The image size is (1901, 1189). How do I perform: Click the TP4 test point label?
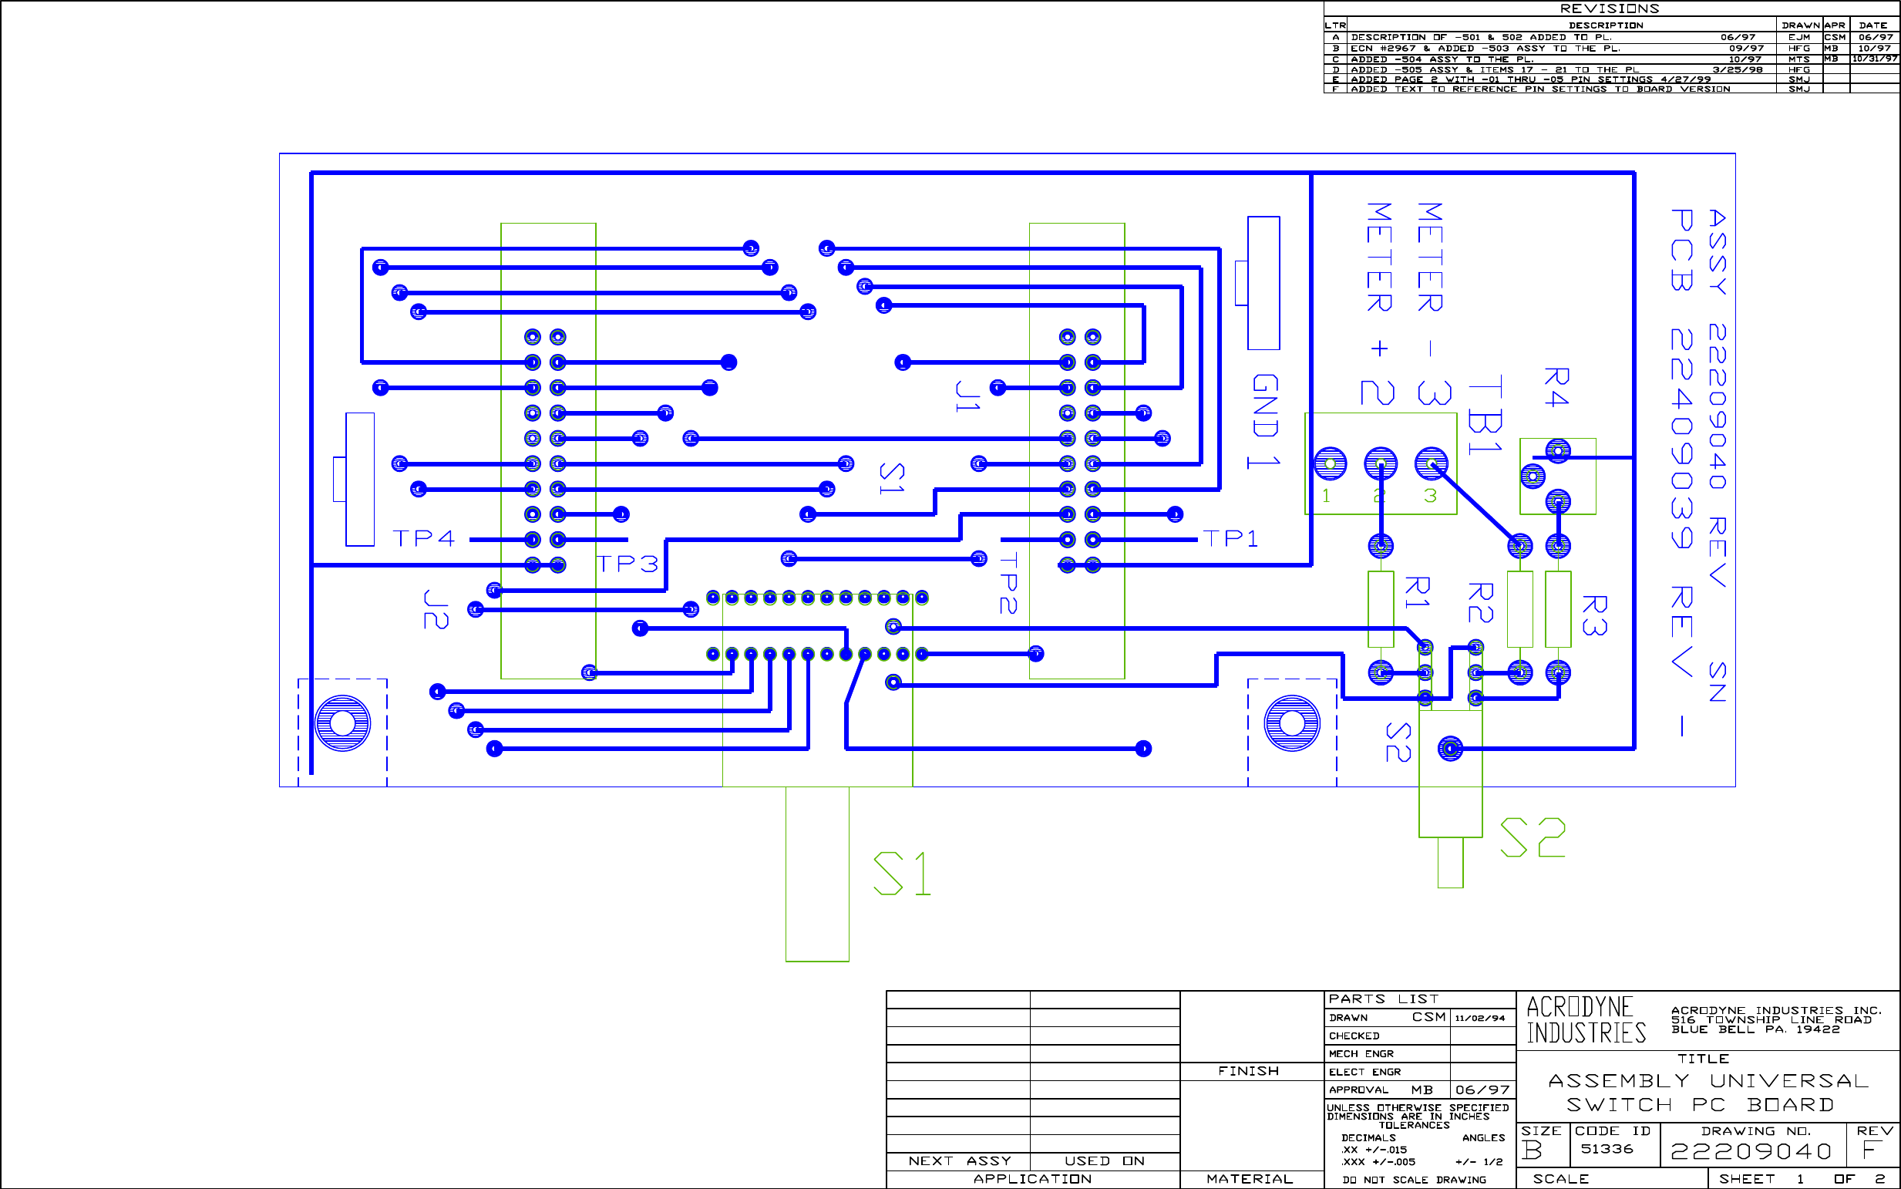click(x=424, y=539)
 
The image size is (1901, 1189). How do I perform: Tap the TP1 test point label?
click(x=1231, y=539)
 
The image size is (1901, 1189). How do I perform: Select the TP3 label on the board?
click(x=627, y=564)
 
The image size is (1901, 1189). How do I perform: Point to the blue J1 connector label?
click(x=967, y=396)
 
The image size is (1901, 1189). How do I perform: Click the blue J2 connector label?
click(x=436, y=609)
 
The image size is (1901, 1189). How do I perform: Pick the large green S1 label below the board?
click(x=903, y=874)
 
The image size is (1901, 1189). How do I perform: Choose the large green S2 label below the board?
click(x=1533, y=837)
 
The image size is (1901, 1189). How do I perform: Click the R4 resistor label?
click(x=1556, y=387)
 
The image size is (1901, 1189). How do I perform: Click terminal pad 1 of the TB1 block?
click(x=1331, y=464)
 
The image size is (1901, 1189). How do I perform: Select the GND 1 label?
click(x=1265, y=422)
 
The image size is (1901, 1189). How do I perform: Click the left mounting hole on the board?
click(x=343, y=722)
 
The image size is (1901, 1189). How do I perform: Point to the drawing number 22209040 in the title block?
click(x=1751, y=1152)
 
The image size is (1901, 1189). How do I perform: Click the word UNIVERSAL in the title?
click(x=1788, y=1081)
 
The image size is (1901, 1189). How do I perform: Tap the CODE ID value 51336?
click(x=1607, y=1149)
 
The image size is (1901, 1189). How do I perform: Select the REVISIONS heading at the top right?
click(x=1610, y=8)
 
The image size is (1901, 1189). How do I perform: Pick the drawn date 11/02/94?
click(x=1480, y=1019)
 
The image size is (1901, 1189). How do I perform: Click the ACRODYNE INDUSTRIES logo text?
click(x=1586, y=1020)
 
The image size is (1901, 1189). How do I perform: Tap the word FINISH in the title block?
click(x=1249, y=1071)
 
